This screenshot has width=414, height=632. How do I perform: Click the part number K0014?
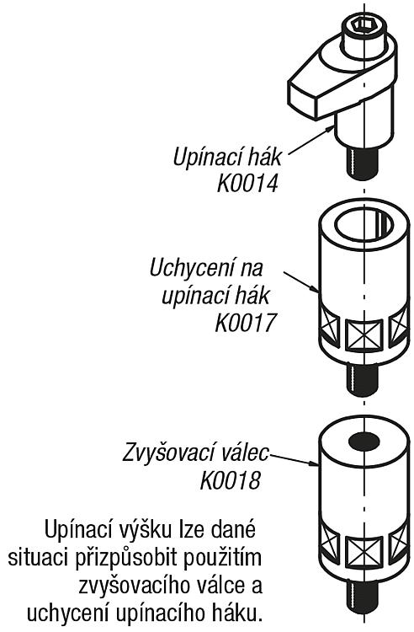click(x=247, y=184)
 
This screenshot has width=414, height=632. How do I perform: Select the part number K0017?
click(x=247, y=323)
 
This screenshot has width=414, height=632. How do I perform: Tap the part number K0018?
click(x=231, y=480)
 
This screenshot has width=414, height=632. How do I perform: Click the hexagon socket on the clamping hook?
click(x=364, y=25)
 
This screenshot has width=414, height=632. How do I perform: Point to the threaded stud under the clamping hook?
click(x=363, y=163)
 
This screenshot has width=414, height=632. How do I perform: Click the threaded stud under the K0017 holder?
click(x=362, y=378)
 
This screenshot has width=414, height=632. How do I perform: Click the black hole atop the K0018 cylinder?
click(x=364, y=442)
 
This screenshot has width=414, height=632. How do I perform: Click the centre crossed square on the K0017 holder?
click(x=364, y=335)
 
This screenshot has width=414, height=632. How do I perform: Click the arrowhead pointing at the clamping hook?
click(x=330, y=129)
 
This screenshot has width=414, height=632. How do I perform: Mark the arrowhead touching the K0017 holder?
click(x=315, y=288)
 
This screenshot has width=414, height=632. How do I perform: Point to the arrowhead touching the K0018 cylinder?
click(x=313, y=463)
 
